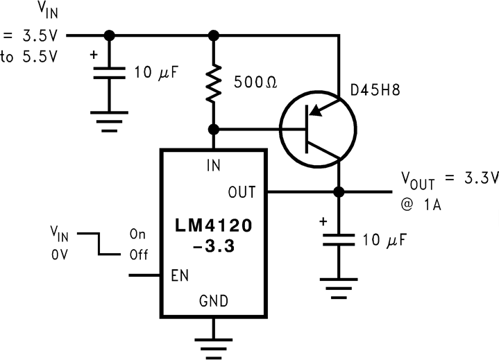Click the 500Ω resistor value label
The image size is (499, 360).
256,83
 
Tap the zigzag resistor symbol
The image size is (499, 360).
214,84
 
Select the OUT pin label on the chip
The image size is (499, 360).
242,191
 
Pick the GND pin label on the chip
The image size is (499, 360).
214,300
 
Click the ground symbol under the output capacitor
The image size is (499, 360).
339,285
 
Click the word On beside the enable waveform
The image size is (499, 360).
137,234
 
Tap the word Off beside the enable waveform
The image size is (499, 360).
138,255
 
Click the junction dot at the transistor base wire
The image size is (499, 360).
214,129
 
